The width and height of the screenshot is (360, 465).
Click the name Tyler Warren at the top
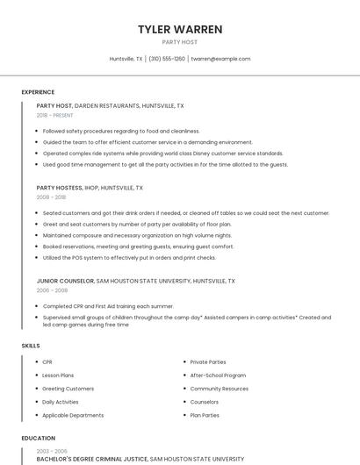[180, 29]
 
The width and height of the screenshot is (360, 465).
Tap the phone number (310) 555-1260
[167, 59]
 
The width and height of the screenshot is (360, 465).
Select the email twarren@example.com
[220, 59]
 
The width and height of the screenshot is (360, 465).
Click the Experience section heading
[38, 92]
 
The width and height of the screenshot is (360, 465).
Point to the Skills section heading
[31, 346]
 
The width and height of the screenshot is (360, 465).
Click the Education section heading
[38, 438]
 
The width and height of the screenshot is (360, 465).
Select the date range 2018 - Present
[54, 115]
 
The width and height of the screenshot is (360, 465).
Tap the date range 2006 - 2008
[52, 290]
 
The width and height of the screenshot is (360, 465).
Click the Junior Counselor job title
[65, 281]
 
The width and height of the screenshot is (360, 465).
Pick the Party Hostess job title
[58, 188]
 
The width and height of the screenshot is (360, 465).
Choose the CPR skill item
[47, 361]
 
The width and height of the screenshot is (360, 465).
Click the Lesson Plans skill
[59, 375]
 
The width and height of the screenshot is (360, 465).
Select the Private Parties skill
[208, 361]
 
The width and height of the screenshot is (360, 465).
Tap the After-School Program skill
[218, 375]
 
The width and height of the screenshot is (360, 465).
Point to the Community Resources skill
[219, 388]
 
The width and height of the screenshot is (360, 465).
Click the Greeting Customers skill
[68, 388]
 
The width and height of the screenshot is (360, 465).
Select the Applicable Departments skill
[73, 415]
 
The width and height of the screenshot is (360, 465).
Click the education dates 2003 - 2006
[51, 450]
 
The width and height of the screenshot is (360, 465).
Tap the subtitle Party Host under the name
[180, 42]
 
